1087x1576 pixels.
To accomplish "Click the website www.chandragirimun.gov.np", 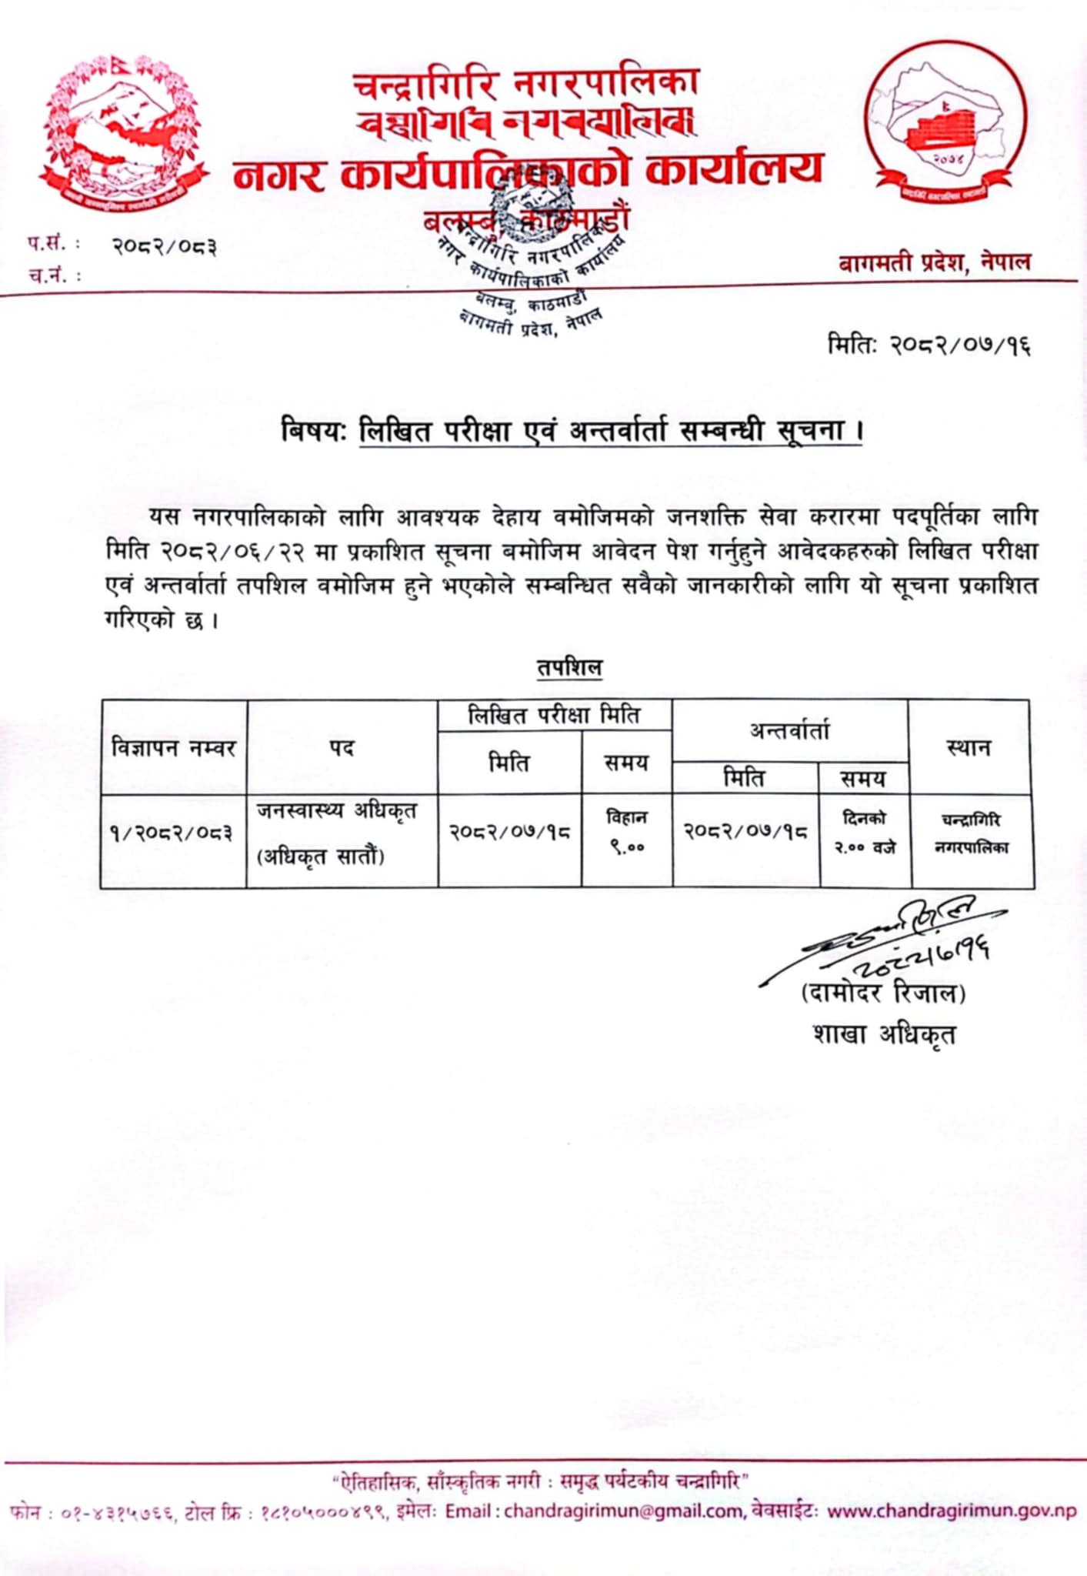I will point(952,1511).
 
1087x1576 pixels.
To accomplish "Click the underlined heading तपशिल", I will point(569,667).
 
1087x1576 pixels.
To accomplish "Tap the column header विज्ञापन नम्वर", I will point(173,747).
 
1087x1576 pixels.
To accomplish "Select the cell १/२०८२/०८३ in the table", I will point(172,833).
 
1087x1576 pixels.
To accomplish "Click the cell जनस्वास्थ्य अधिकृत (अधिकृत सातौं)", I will point(337,833).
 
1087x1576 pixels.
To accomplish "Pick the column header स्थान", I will point(969,746).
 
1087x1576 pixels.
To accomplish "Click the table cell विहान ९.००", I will point(625,833).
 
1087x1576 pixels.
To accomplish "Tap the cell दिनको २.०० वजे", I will point(865,833).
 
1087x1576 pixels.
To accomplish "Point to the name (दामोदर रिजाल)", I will point(883,993).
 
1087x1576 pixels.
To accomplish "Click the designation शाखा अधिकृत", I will point(884,1033).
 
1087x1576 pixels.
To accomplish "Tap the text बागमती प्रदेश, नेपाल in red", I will point(934,262).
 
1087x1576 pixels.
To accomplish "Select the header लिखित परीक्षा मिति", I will point(554,716).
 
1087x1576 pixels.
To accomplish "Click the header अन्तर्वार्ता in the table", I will point(789,730).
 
